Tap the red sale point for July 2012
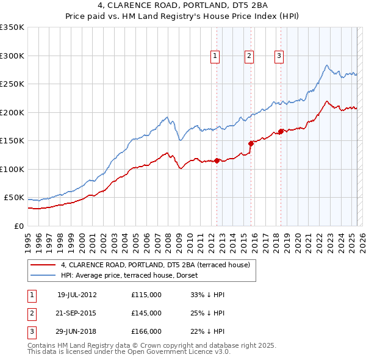(217, 161)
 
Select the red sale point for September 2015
(251, 143)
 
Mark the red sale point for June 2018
(281, 131)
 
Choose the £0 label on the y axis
(18, 226)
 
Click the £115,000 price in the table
(146, 295)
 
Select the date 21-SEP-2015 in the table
(77, 313)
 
